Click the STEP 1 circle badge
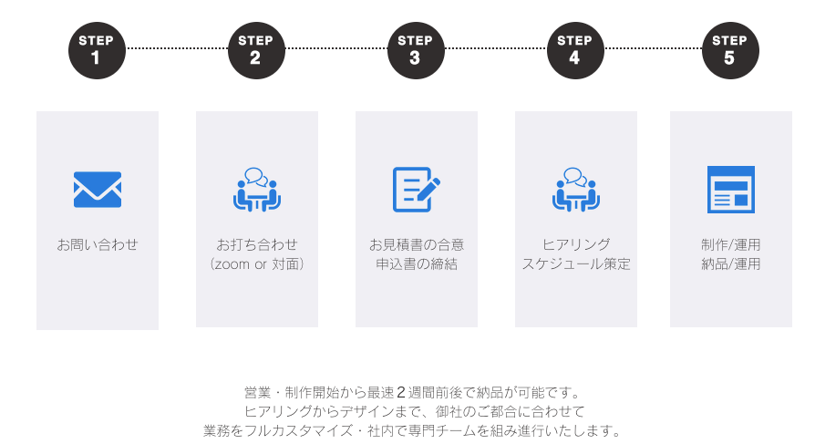point(96,50)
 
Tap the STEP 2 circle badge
point(255,50)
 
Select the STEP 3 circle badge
point(415,50)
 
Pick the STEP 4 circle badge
point(574,50)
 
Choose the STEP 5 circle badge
point(729,50)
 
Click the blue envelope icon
point(98,190)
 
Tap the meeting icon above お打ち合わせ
point(256,189)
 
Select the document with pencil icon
point(416,190)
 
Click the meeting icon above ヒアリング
point(575,189)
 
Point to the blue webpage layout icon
point(731,190)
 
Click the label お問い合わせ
point(98,244)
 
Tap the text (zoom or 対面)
point(256,264)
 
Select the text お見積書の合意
point(417,244)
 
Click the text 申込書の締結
point(417,264)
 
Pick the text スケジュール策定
point(575,264)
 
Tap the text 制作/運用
point(731,244)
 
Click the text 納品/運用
point(731,264)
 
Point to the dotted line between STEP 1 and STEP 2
point(176,47)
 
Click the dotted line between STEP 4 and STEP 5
point(653,47)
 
